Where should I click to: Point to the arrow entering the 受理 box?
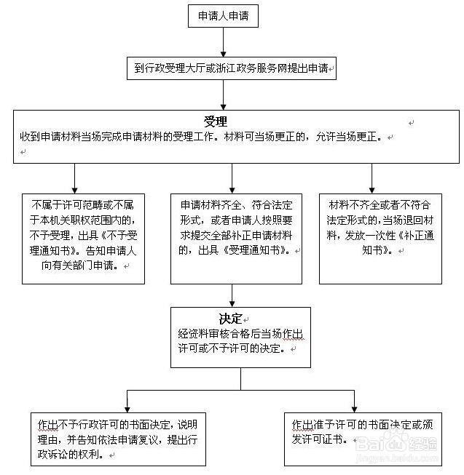coord(223,95)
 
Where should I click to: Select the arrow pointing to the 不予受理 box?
coord(74,177)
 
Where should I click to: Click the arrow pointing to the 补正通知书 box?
coord(372,177)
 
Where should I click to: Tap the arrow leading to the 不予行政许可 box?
coord(128,399)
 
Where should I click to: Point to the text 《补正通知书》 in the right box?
coord(383,244)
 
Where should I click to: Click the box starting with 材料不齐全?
coord(380,238)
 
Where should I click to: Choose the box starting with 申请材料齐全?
coord(236,238)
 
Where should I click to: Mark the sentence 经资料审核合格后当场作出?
coord(231,334)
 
